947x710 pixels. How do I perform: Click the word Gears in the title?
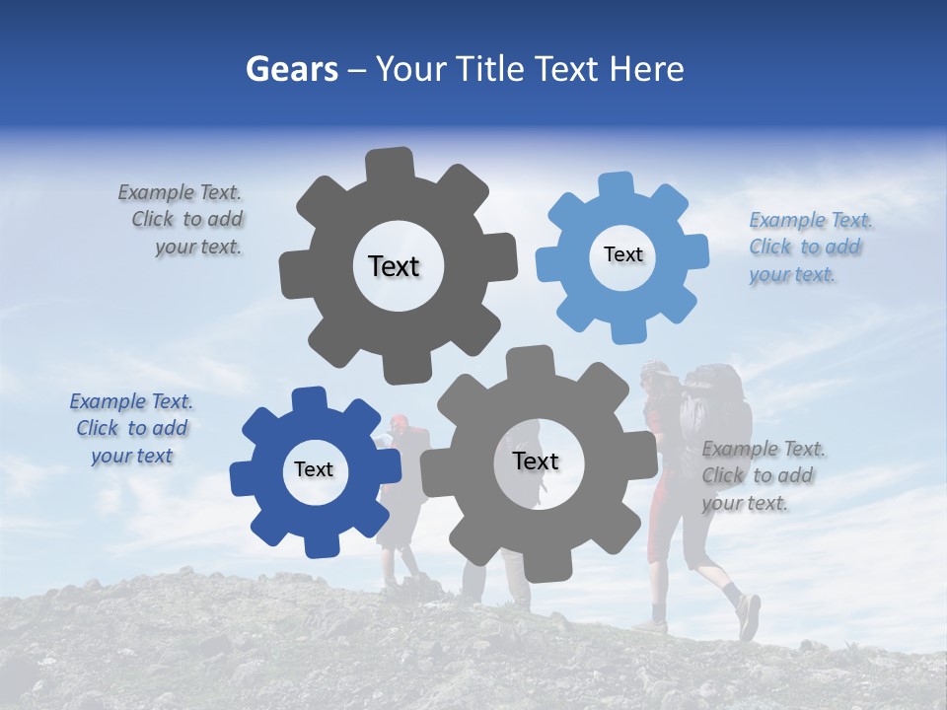(291, 69)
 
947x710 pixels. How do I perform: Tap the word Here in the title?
(647, 69)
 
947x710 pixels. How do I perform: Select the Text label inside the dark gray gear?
(394, 266)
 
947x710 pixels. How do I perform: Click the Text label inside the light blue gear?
(622, 254)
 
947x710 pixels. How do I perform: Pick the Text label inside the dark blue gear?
(314, 469)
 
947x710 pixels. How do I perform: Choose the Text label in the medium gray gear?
(536, 461)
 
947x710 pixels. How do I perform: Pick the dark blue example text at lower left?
(131, 428)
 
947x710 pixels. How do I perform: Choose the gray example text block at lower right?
(762, 475)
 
